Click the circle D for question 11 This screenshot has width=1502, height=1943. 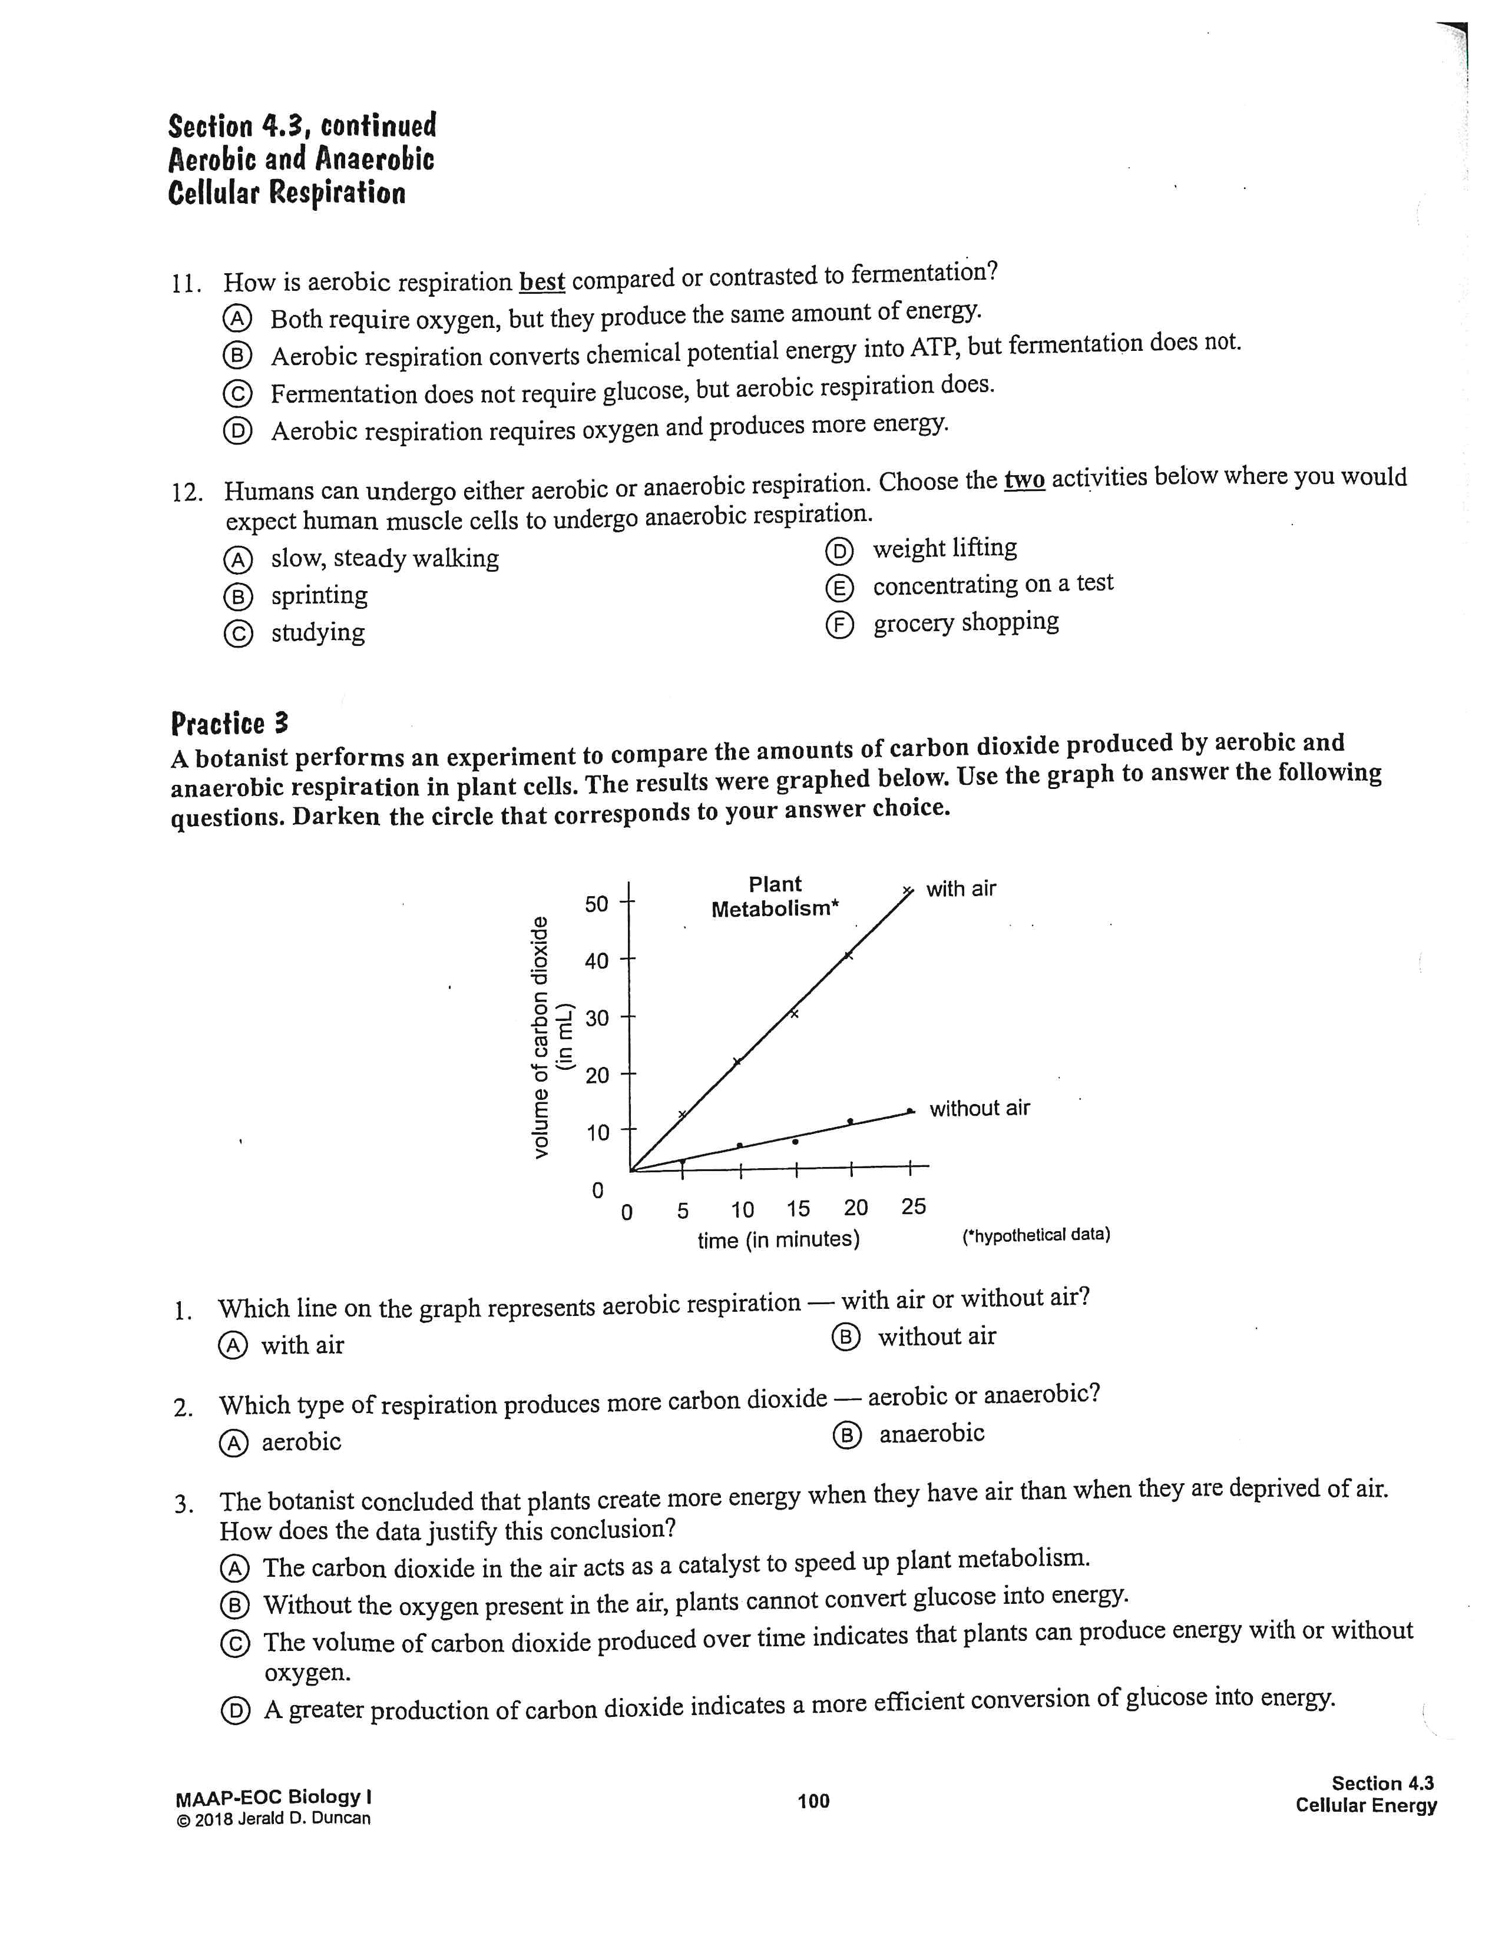(x=237, y=432)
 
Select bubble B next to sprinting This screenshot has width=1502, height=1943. (x=237, y=596)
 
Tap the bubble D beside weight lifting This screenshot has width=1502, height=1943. (x=838, y=552)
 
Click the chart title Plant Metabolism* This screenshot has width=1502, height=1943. (x=774, y=896)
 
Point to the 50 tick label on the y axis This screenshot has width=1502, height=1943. (x=596, y=904)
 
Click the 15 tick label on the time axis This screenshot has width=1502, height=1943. (x=798, y=1209)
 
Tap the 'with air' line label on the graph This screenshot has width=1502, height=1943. (x=961, y=888)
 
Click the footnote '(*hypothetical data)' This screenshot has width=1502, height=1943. (x=1035, y=1235)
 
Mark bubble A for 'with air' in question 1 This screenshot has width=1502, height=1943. (x=232, y=1345)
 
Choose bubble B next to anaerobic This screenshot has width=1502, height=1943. (x=847, y=1435)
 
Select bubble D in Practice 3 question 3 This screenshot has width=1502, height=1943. (x=235, y=1711)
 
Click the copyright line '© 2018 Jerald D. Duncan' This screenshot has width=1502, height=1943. (x=273, y=1818)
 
